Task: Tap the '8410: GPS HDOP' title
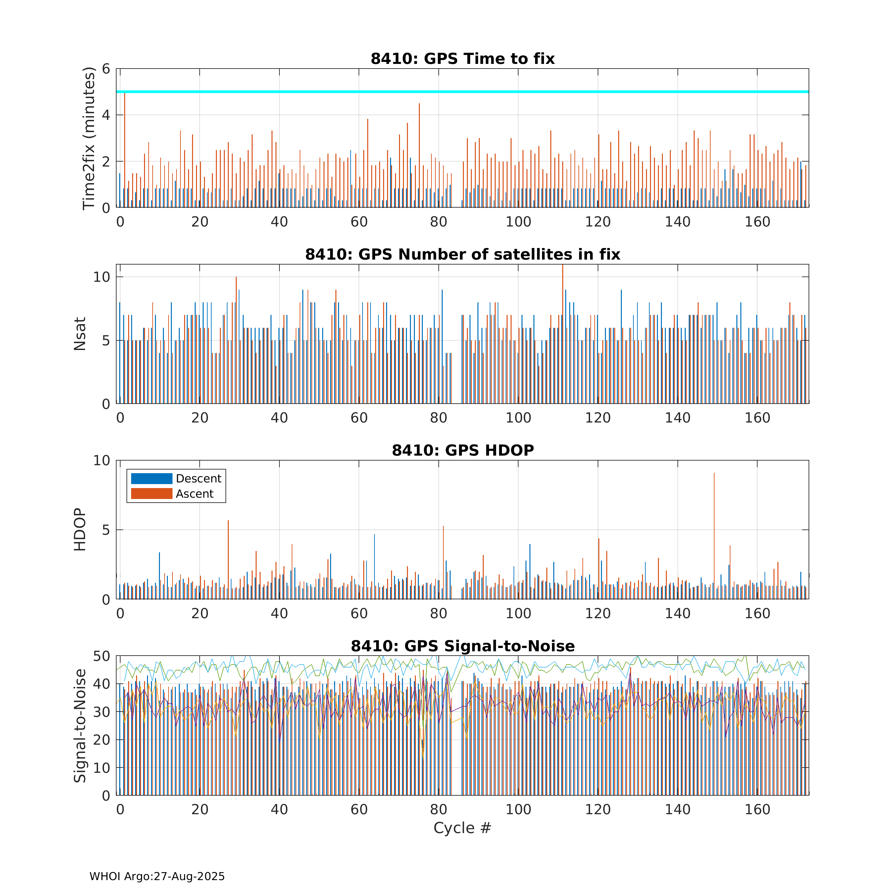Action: (x=463, y=450)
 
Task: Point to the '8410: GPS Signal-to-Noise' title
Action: (x=463, y=646)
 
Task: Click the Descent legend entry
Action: (x=176, y=478)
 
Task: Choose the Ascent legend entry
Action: (x=172, y=494)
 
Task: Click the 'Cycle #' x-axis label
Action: (x=462, y=828)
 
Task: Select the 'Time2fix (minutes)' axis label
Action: (x=88, y=138)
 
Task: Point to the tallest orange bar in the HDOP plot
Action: (x=714, y=536)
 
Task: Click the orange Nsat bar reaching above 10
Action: (x=563, y=334)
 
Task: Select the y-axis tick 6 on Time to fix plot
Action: (x=106, y=69)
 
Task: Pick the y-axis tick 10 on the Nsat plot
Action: (x=102, y=277)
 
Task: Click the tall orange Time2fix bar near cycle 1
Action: (x=124, y=150)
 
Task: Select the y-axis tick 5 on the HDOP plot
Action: (x=106, y=530)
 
